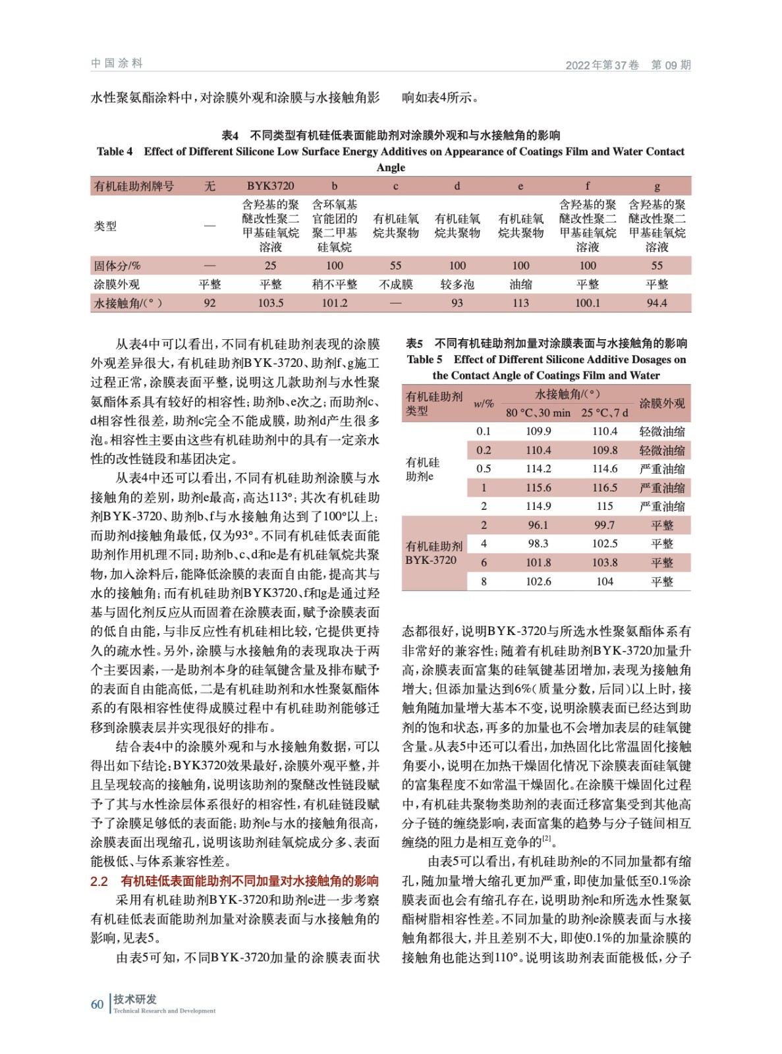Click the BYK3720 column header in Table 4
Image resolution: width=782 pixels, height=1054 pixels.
point(270,186)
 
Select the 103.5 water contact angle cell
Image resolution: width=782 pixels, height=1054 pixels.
point(270,303)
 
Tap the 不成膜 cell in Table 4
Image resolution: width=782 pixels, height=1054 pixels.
point(395,285)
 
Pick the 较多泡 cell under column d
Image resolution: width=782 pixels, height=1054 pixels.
point(457,285)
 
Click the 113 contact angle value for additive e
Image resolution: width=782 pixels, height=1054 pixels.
point(520,303)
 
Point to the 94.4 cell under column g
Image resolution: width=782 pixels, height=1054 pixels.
point(657,303)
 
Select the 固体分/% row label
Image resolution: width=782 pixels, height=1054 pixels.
point(117,266)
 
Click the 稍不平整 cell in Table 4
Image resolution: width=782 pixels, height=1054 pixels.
point(335,285)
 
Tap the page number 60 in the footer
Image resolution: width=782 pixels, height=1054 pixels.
point(98,1004)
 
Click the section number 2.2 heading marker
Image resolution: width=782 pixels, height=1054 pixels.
point(99,881)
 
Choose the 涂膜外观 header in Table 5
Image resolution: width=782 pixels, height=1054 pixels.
point(662,403)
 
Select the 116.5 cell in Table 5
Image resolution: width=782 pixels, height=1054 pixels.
point(605,488)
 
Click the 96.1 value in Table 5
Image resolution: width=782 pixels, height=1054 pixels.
point(538,526)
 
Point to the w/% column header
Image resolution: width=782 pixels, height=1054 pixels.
point(484,403)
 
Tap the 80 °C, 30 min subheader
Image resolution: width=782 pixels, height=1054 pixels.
point(538,413)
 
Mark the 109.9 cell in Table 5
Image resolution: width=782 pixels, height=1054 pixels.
point(538,431)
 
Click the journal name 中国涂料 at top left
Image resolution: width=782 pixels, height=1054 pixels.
point(117,63)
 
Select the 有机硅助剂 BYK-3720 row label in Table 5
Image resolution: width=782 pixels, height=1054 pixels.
point(433,553)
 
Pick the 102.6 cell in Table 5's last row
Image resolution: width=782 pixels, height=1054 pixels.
point(538,582)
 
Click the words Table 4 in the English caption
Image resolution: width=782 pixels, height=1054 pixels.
point(115,152)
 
